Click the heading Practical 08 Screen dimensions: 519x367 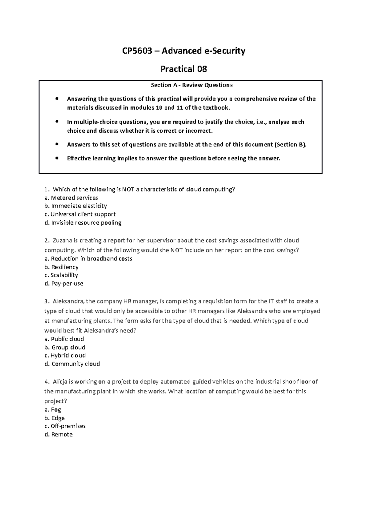coord(184,69)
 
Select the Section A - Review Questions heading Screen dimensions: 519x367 coord(192,85)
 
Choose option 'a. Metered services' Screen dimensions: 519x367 coord(71,197)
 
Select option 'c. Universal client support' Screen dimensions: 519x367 coord(80,214)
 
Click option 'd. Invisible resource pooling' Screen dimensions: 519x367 coord(83,223)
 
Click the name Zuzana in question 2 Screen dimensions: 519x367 coord(62,240)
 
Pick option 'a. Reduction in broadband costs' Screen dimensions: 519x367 coord(88,259)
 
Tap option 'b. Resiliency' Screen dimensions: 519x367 coord(61,267)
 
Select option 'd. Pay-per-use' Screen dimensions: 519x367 coord(64,283)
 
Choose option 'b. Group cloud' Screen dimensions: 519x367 coord(65,347)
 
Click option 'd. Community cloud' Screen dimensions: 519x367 coord(72,364)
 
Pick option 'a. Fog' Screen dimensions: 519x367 coord(53,410)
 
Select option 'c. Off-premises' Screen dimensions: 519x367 coord(65,426)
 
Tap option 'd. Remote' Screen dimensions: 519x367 coord(58,434)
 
